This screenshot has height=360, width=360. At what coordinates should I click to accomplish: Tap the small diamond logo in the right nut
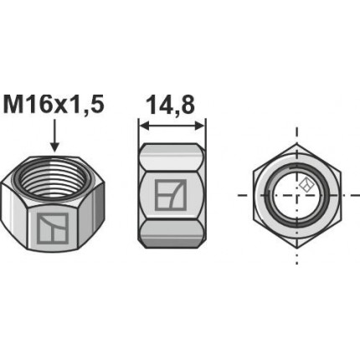pyautogui.click(x=307, y=185)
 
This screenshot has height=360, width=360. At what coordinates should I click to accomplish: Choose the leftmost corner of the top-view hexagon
pyautogui.click(x=253, y=195)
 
